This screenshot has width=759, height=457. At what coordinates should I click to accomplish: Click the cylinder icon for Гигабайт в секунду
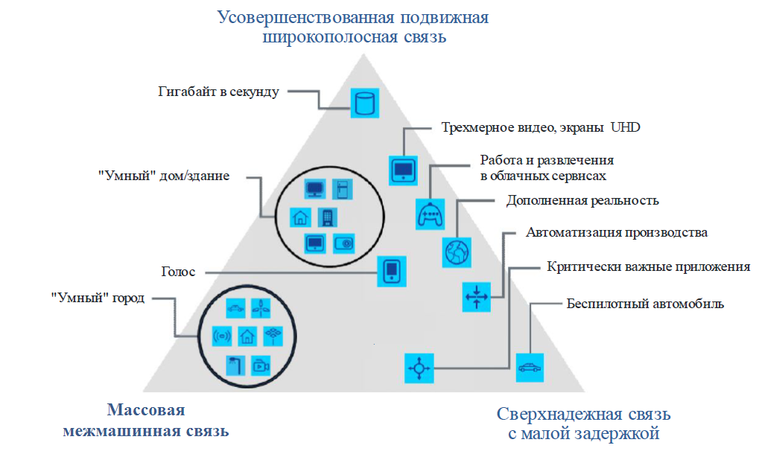click(x=364, y=102)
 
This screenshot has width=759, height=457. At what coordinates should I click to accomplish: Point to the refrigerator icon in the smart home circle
click(x=340, y=189)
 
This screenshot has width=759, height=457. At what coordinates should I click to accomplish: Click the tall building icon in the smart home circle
click(x=326, y=217)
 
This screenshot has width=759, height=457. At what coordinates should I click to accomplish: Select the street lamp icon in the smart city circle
click(x=235, y=365)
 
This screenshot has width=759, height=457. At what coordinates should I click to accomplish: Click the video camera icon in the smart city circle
click(x=261, y=365)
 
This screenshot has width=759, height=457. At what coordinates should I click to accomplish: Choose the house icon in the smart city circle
click(x=248, y=336)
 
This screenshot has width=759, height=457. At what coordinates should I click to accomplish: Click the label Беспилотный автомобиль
click(x=645, y=304)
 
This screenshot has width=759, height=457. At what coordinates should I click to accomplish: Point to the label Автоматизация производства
click(x=616, y=232)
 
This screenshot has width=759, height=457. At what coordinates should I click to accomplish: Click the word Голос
click(x=177, y=272)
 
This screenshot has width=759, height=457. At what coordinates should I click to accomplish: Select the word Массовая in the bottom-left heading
click(x=145, y=411)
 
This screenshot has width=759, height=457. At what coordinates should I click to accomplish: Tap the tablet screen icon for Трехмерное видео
click(x=404, y=170)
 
